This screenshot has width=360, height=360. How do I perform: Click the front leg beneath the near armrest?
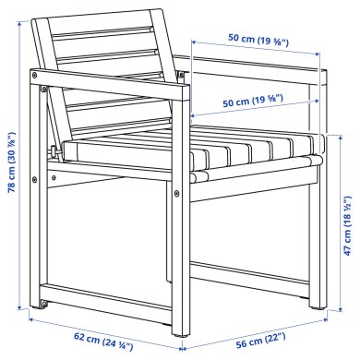(177, 231)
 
